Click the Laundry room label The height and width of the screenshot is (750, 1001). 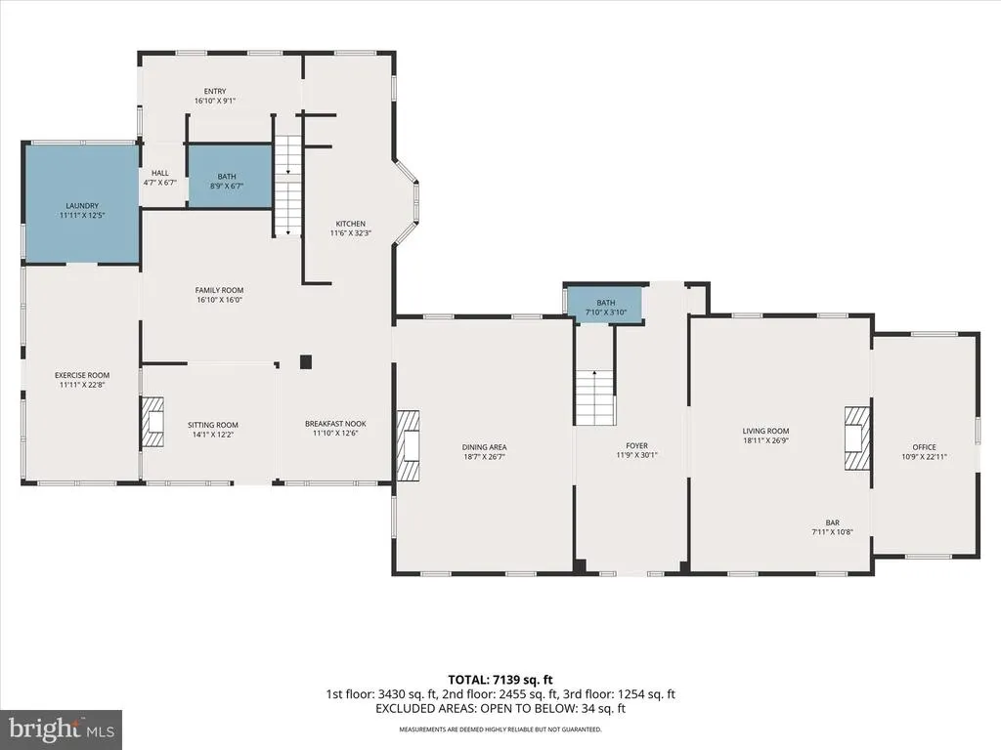point(82,205)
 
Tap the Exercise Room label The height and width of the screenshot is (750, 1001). point(82,375)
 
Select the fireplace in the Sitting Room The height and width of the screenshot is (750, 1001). point(152,422)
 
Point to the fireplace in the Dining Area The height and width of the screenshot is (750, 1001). point(408,444)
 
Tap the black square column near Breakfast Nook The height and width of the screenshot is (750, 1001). point(306,361)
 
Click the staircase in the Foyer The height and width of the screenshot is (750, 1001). point(595,397)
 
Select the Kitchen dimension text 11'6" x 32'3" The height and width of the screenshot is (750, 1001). point(351,233)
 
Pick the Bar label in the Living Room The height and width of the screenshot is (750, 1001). point(833,522)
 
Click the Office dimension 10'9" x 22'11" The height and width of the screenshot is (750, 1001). point(924,457)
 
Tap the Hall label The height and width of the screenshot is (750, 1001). point(160,173)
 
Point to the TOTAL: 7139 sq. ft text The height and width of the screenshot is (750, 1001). point(496,680)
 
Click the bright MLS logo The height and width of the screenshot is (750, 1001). point(62,729)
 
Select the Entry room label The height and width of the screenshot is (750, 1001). point(215,91)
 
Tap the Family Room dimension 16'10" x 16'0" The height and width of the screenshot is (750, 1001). point(219,300)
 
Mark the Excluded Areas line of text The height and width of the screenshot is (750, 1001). point(500,709)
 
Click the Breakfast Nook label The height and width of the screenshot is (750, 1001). point(335,424)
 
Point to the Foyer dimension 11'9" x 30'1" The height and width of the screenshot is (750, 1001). point(636,455)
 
